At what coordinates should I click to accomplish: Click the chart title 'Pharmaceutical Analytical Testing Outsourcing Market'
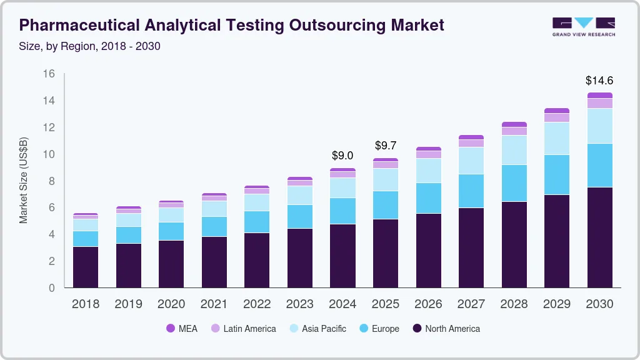[x=231, y=25]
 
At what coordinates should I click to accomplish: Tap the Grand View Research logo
[x=583, y=26]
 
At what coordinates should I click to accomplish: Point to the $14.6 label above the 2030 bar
[x=599, y=80]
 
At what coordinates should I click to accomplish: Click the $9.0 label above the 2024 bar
[x=342, y=155]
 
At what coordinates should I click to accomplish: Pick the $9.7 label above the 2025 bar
[x=386, y=146]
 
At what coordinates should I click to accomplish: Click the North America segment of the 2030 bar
[x=599, y=237]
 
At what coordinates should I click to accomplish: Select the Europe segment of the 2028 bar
[x=514, y=183]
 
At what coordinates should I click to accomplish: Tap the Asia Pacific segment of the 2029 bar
[x=556, y=138]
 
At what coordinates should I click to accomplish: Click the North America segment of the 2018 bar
[x=86, y=267]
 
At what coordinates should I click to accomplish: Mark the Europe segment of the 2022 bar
[x=257, y=222]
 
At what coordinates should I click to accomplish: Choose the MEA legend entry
[x=181, y=328]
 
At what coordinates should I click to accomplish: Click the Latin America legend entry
[x=242, y=328]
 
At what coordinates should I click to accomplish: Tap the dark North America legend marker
[x=417, y=328]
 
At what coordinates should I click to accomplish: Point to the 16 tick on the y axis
[x=48, y=74]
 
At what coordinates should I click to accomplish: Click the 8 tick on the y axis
[x=52, y=181]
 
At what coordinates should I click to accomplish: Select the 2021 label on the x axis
[x=214, y=304]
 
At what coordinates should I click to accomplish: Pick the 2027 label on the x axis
[x=471, y=304]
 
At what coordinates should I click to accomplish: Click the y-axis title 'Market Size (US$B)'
[x=24, y=181]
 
